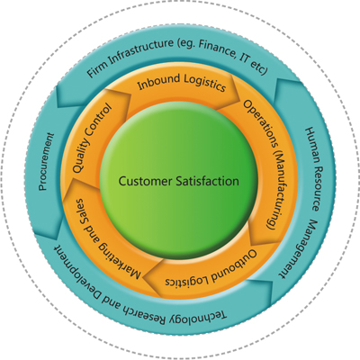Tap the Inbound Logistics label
[182, 82]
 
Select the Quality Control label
[92, 139]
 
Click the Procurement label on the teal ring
[46, 162]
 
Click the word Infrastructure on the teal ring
[140, 50]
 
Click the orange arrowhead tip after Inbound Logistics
[240, 102]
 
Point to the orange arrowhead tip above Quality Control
[131, 95]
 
